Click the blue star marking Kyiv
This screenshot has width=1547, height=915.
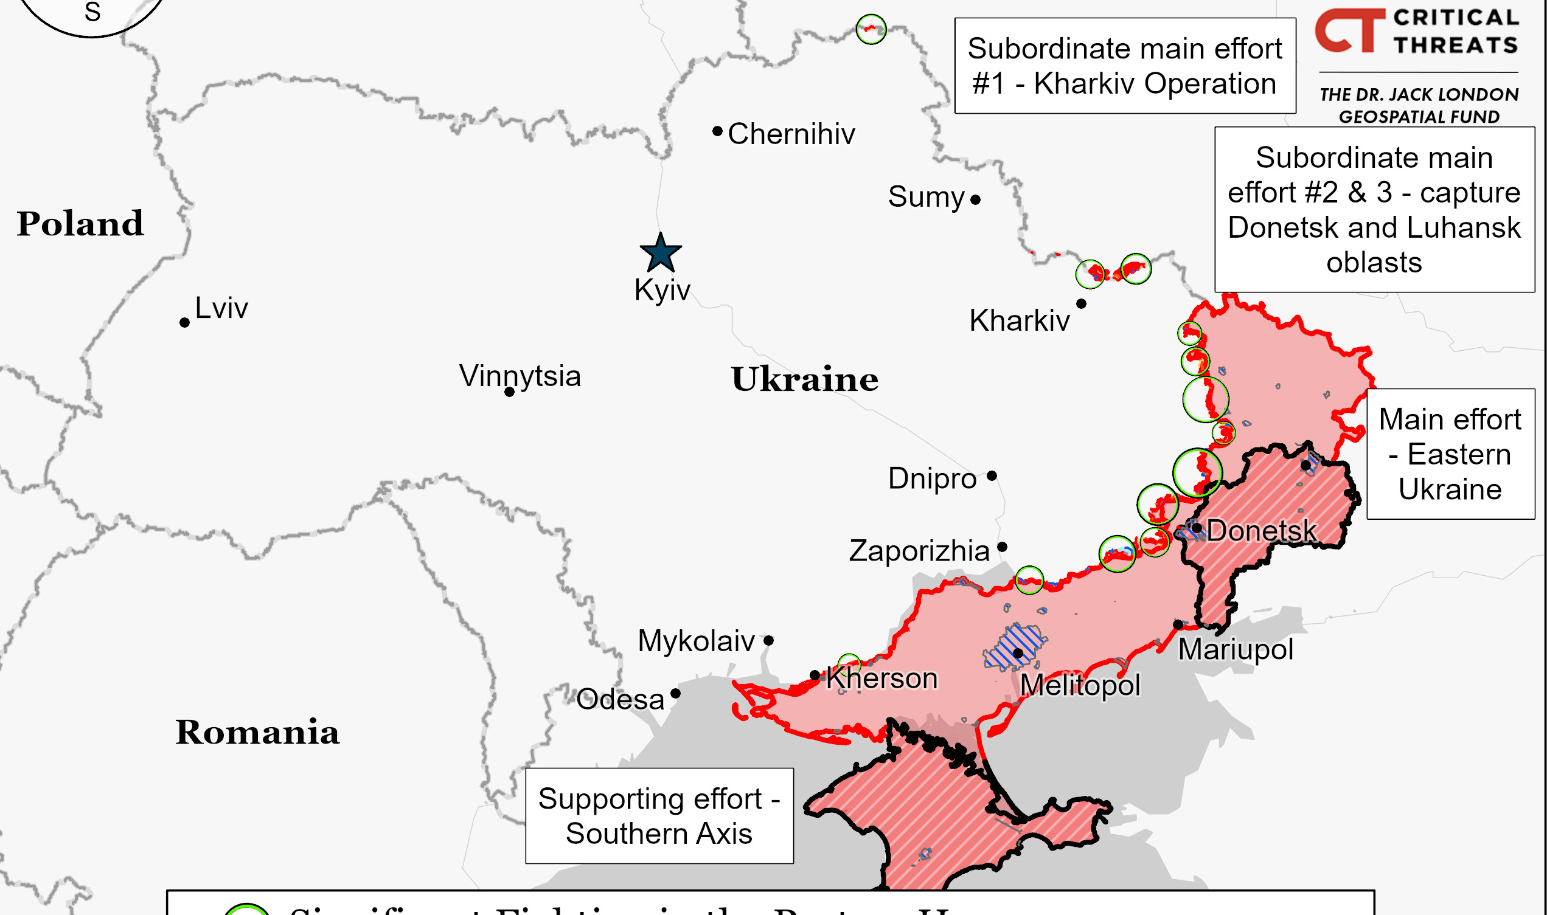pos(661,254)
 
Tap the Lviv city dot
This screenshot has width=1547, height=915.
pos(184,322)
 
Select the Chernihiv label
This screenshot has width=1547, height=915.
pos(791,134)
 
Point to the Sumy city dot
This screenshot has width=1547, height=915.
pos(975,200)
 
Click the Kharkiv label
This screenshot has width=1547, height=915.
pos(1019,320)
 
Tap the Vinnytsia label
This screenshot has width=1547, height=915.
pos(520,376)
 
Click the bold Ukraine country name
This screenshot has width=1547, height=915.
pos(804,379)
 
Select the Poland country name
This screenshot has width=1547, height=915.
pos(80,223)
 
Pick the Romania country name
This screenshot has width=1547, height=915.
pos(257,732)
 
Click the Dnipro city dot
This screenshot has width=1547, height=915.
pos(992,476)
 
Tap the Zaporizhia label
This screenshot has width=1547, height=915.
pos(919,551)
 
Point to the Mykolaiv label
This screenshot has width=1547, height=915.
pos(696,641)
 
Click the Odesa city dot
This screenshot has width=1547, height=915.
pos(675,694)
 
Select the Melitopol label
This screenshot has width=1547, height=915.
pos(1080,685)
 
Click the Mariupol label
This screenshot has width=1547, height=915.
pos(1236,649)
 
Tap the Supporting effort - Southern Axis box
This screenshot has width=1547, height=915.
pos(659,816)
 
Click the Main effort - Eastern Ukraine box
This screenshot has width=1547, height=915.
pos(1450,454)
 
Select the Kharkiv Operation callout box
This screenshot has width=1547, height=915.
pos(1124,66)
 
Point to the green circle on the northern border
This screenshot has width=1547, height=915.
pos(871,29)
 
